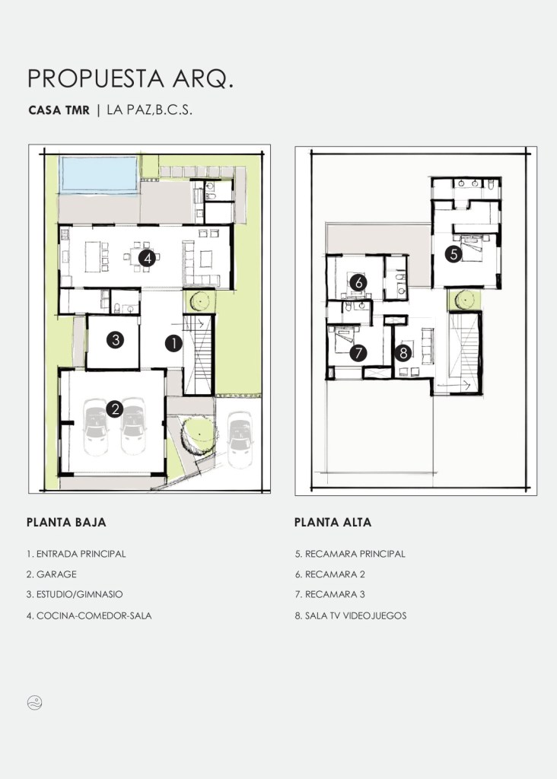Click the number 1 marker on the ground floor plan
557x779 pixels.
click(173, 343)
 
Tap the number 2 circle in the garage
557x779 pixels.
click(115, 409)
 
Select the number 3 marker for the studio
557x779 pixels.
click(115, 340)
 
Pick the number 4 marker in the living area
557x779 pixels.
click(148, 258)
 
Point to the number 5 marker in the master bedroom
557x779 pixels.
click(454, 254)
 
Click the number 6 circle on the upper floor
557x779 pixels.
click(358, 283)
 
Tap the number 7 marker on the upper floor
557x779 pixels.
click(358, 353)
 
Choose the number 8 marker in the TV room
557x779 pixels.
click(403, 353)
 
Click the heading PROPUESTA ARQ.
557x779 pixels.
click(130, 79)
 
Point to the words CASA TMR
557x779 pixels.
click(59, 110)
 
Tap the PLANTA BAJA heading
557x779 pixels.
click(66, 522)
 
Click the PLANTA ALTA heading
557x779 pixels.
click(333, 522)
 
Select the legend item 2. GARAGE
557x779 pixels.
click(52, 574)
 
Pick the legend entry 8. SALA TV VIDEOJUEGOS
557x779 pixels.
click(351, 615)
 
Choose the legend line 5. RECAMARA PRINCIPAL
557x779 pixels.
click(350, 554)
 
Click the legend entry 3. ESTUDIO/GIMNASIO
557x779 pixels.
click(75, 594)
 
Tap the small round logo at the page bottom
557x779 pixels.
click(35, 702)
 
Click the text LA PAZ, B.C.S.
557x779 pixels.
click(150, 110)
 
